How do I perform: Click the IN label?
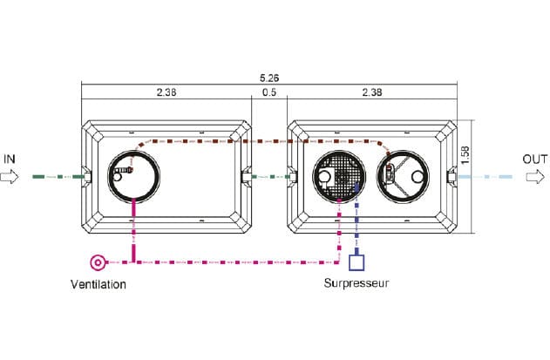(x=10, y=159)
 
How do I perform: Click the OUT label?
(x=534, y=159)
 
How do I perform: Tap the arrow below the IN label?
(x=10, y=176)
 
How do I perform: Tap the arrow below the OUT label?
(x=535, y=176)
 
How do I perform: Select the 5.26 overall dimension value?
(x=269, y=78)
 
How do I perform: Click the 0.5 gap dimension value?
(x=269, y=92)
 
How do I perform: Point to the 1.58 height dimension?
(x=465, y=155)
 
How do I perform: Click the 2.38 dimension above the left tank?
(x=166, y=92)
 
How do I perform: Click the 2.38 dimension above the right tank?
(x=372, y=92)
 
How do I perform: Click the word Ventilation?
(x=98, y=284)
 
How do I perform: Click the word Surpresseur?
(x=356, y=282)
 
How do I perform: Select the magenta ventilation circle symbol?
(x=98, y=262)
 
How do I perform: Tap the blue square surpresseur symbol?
(x=356, y=262)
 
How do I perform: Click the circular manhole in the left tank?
(x=133, y=152)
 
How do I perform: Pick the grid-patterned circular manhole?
(x=339, y=152)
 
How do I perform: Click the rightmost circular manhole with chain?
(x=403, y=152)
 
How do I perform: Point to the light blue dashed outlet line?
(x=485, y=177)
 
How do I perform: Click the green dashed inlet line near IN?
(x=58, y=176)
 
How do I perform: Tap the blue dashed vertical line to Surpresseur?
(x=356, y=219)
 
